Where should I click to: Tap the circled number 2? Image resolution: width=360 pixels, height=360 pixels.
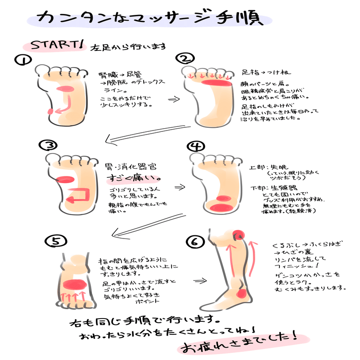(x=184, y=59)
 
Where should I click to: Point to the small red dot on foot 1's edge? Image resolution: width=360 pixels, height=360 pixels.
(x=50, y=111)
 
